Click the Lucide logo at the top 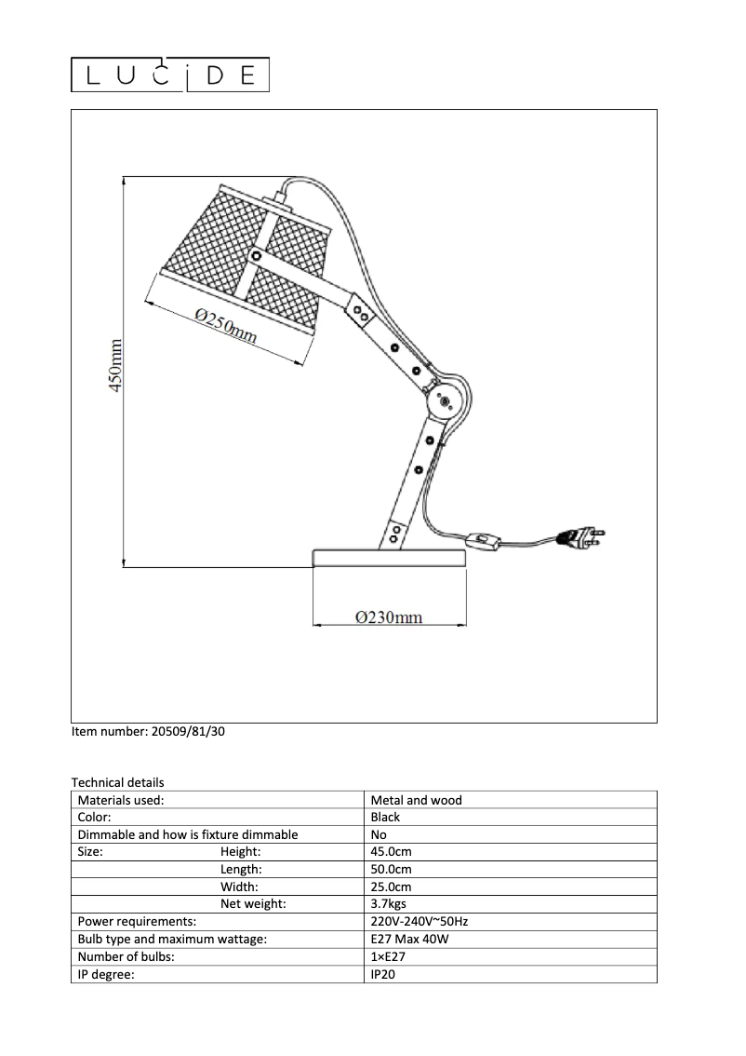pos(171,75)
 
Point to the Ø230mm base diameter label pos(389,616)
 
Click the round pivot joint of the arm pos(444,402)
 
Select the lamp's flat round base pos(389,558)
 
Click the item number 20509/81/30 pos(148,732)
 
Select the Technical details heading pos(117,783)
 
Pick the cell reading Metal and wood pos(416,800)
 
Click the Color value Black pos(385,818)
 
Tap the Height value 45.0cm pos(391,852)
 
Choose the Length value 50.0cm pos(391,870)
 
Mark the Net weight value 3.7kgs pos(388,904)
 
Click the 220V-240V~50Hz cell pos(419,922)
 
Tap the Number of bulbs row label pos(126,957)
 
